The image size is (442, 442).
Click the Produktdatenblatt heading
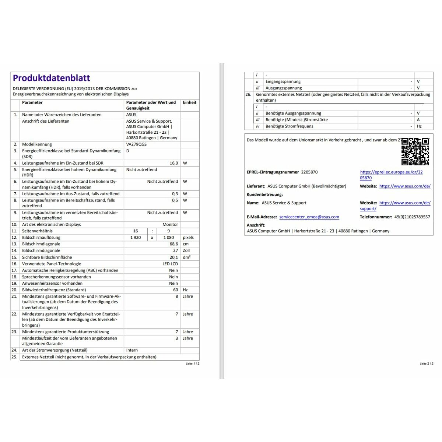(x=52, y=78)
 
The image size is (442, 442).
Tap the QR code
(x=415, y=151)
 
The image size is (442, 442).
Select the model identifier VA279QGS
(x=136, y=144)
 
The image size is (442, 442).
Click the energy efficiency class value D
(x=128, y=151)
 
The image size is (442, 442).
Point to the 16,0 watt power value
(x=173, y=163)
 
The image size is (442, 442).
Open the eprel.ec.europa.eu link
(x=391, y=172)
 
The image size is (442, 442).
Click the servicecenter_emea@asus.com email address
(x=309, y=217)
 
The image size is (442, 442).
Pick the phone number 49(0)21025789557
(x=412, y=217)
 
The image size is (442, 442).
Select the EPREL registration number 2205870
(x=309, y=172)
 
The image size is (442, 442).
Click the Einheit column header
(x=189, y=102)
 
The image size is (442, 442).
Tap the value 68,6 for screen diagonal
(x=173, y=244)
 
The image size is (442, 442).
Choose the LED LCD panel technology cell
(x=170, y=264)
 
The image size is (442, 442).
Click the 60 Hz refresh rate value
(x=175, y=290)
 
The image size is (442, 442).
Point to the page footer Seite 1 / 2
(x=193, y=364)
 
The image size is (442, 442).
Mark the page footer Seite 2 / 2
(x=427, y=364)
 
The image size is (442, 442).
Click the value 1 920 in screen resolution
(x=136, y=238)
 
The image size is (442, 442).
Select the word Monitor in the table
(x=170, y=224)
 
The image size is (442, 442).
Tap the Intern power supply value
(x=132, y=350)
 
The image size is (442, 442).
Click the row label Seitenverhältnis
(x=37, y=231)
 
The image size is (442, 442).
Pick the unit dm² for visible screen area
(x=186, y=257)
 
